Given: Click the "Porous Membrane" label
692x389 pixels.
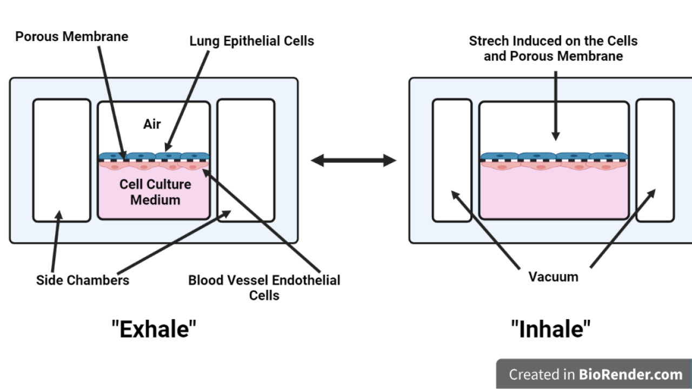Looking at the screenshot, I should [71, 37].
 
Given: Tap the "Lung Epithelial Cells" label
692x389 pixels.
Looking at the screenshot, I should [251, 41].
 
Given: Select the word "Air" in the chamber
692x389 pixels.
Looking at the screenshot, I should [152, 124].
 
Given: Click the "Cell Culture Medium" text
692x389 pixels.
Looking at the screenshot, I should [155, 192].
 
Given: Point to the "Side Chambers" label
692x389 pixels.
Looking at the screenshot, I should [83, 280].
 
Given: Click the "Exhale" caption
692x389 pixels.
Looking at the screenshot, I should [154, 328].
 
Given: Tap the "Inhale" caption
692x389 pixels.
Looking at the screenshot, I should [551, 328].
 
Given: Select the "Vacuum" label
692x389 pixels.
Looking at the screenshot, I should [553, 277].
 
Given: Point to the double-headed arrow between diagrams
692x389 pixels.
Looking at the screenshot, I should [354, 160].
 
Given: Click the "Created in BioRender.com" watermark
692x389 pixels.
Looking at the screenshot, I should [595, 374].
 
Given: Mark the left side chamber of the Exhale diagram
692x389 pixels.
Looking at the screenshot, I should [62, 160].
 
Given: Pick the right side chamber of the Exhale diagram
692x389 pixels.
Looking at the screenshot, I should [246, 160].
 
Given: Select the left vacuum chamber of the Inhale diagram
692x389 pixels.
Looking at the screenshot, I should [452, 160].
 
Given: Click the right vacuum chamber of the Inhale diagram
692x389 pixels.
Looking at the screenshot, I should [655, 160].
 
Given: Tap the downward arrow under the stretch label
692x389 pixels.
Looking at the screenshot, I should [555, 105].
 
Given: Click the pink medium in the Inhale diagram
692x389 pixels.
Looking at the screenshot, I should [554, 194].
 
